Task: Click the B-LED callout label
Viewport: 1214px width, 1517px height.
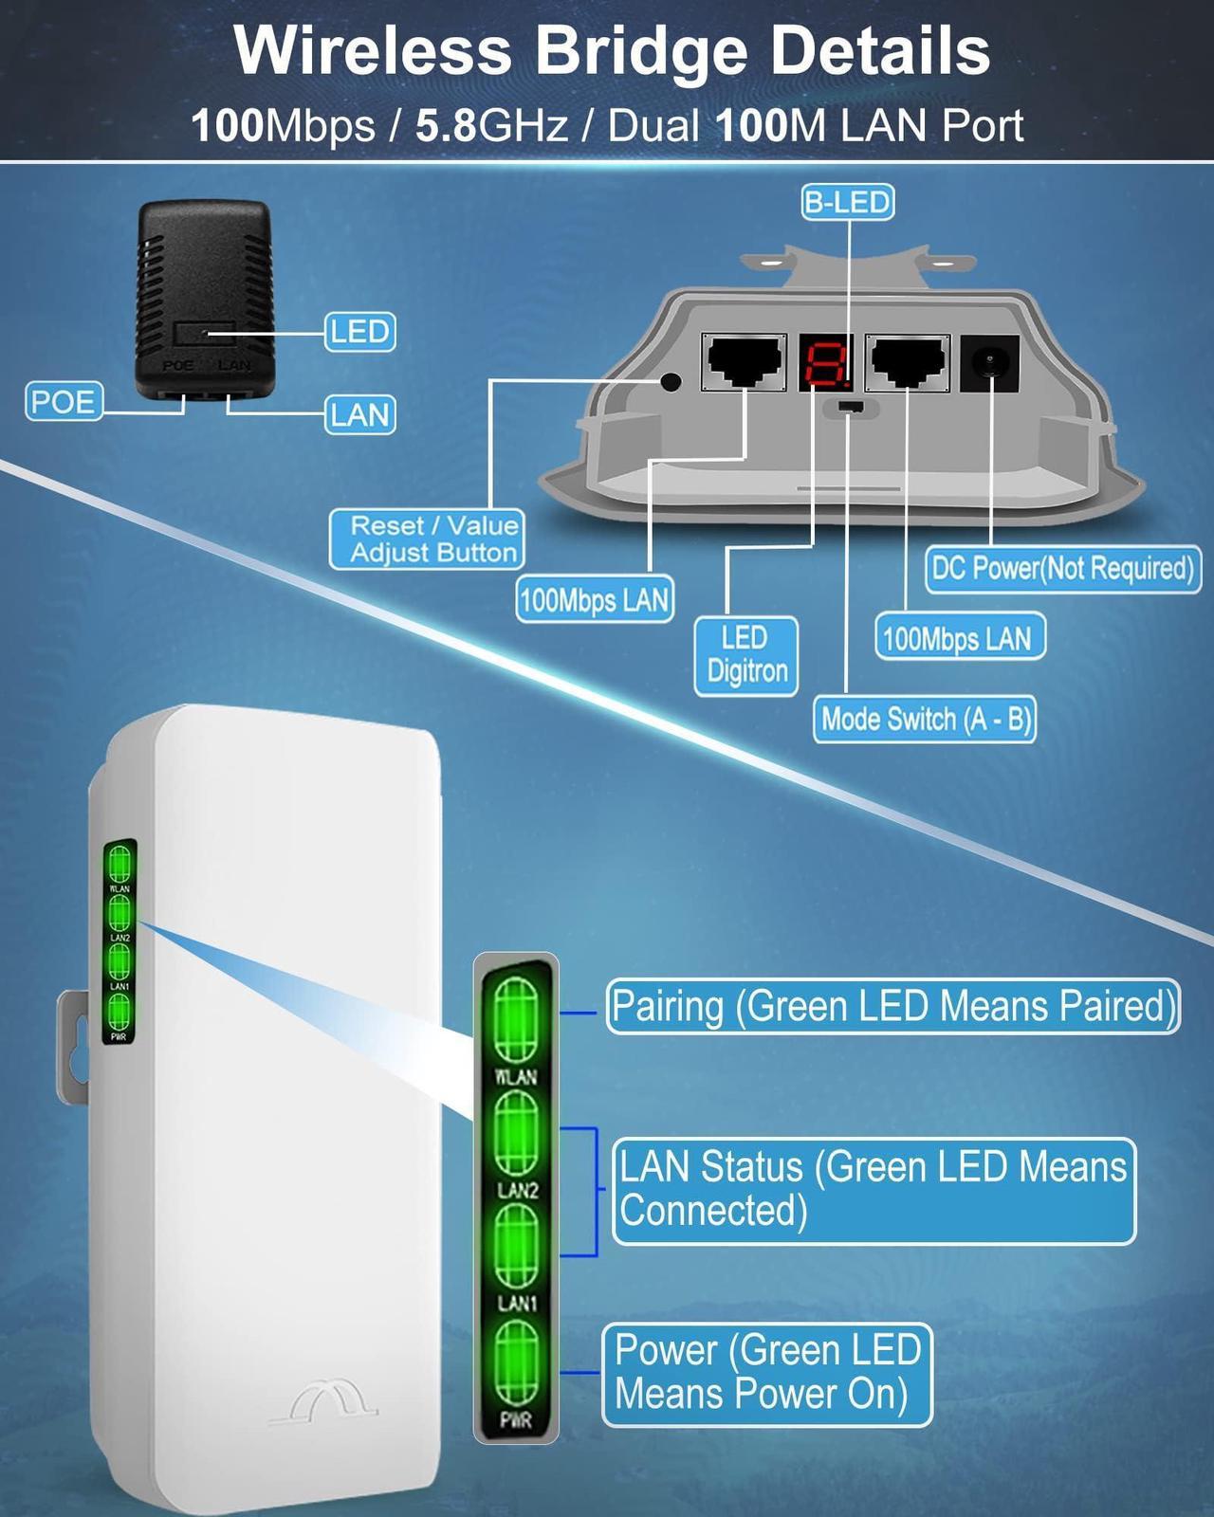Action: (847, 202)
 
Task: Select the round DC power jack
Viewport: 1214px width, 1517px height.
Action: (990, 363)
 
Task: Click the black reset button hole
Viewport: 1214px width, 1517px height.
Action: (671, 382)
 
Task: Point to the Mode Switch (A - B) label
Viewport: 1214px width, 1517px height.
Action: (925, 720)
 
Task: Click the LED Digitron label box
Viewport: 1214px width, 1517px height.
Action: (746, 654)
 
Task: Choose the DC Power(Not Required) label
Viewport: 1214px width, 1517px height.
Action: (1062, 568)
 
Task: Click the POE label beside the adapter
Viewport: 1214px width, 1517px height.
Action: (63, 401)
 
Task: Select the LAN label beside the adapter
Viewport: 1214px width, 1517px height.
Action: (359, 414)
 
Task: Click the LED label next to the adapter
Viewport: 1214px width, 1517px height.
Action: (359, 332)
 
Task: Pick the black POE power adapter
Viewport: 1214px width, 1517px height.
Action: (202, 299)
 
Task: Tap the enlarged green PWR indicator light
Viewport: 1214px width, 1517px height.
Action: (517, 1364)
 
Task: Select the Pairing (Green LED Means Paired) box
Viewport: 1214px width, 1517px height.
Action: (892, 1006)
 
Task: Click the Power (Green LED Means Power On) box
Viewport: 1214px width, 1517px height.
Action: (766, 1373)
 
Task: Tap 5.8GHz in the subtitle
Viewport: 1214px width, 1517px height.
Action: (492, 126)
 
